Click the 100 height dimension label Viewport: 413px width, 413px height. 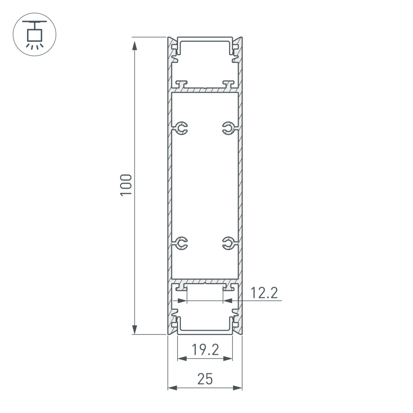(126, 185)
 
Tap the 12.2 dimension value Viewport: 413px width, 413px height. (264, 293)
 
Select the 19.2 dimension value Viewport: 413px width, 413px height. (205, 350)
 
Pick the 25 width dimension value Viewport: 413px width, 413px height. (205, 379)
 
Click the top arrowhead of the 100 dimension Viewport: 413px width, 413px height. (134, 45)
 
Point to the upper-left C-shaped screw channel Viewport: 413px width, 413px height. (182, 129)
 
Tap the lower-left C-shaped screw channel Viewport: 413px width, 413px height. (182, 243)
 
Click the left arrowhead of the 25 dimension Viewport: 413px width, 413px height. (172, 388)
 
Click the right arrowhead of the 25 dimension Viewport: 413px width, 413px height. (237, 388)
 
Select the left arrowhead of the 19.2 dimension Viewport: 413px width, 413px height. (182, 359)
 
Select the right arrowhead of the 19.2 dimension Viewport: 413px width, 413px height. (228, 359)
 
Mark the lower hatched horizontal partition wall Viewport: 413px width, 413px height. (205, 280)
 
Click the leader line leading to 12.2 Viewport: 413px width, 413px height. (257, 301)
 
